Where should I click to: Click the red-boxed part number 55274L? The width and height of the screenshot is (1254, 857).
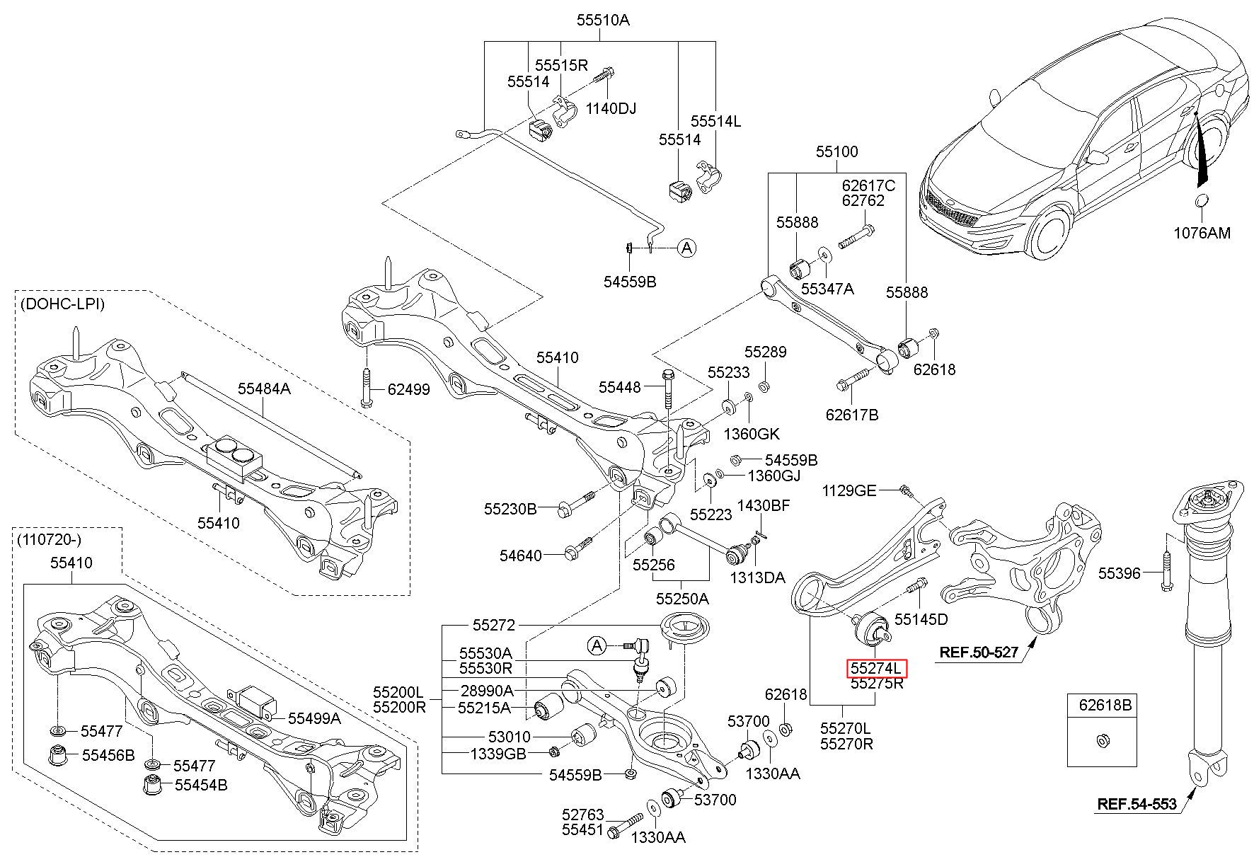[x=877, y=668]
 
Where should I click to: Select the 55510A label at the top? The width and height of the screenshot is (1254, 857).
[x=602, y=20]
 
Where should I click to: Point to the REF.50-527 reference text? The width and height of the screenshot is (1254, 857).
[x=979, y=652]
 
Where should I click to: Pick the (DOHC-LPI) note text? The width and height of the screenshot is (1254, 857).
[x=62, y=304]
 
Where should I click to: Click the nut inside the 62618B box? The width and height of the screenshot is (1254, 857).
[x=1101, y=741]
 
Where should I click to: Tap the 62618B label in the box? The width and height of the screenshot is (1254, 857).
[x=1105, y=705]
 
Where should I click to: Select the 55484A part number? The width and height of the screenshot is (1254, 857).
[x=264, y=388]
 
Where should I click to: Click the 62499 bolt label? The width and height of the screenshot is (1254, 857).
[x=408, y=389]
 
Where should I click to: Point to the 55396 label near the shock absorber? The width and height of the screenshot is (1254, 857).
[x=1119, y=573]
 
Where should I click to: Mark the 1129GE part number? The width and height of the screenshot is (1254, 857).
[x=849, y=490]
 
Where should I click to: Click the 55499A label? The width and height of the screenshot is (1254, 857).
[x=314, y=718]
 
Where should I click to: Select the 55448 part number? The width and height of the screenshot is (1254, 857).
[x=619, y=387]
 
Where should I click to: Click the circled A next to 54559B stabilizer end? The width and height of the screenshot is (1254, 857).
[x=686, y=248]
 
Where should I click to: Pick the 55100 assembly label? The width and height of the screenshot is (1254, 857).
[x=836, y=151]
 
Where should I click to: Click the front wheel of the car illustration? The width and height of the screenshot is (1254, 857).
[x=1047, y=233]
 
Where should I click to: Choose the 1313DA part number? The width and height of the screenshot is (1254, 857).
[x=758, y=577]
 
